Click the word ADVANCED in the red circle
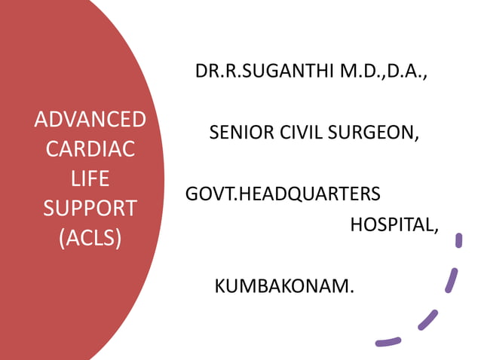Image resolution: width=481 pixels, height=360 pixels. [x=90, y=120]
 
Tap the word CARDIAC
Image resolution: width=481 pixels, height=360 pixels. [x=90, y=149]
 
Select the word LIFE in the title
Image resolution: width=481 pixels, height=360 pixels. [x=90, y=178]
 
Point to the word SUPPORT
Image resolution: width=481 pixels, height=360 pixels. [x=90, y=208]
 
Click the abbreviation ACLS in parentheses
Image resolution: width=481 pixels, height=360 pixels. [x=90, y=237]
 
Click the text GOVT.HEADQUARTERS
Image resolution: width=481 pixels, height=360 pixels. [x=283, y=194]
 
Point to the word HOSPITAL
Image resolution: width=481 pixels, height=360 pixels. [x=391, y=224]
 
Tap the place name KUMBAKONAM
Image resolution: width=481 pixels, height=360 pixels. [x=282, y=286]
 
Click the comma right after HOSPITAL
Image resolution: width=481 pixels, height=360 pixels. [x=436, y=230]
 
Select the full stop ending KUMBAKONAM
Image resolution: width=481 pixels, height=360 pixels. [x=351, y=291]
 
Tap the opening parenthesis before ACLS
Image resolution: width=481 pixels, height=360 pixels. [x=61, y=238]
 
